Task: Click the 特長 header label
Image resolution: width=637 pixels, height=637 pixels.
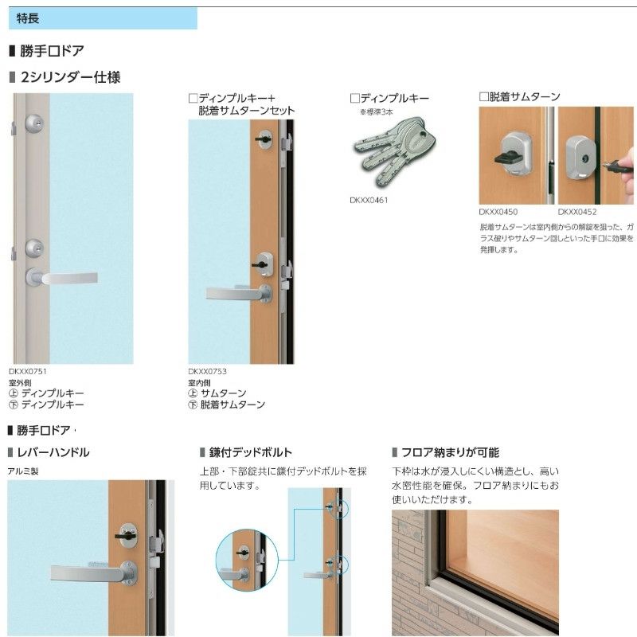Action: point(26,18)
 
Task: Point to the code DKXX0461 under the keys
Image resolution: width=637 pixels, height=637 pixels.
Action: point(369,201)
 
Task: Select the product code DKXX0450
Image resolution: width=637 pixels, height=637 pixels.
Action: point(498,213)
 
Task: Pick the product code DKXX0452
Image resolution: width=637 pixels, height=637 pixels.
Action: point(577,213)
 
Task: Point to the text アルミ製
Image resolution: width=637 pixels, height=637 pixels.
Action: point(23,471)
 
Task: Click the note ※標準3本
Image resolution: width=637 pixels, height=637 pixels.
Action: point(379,112)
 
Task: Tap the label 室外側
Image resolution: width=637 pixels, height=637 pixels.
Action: point(20,382)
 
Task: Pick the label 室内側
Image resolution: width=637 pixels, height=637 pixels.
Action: point(200,382)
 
